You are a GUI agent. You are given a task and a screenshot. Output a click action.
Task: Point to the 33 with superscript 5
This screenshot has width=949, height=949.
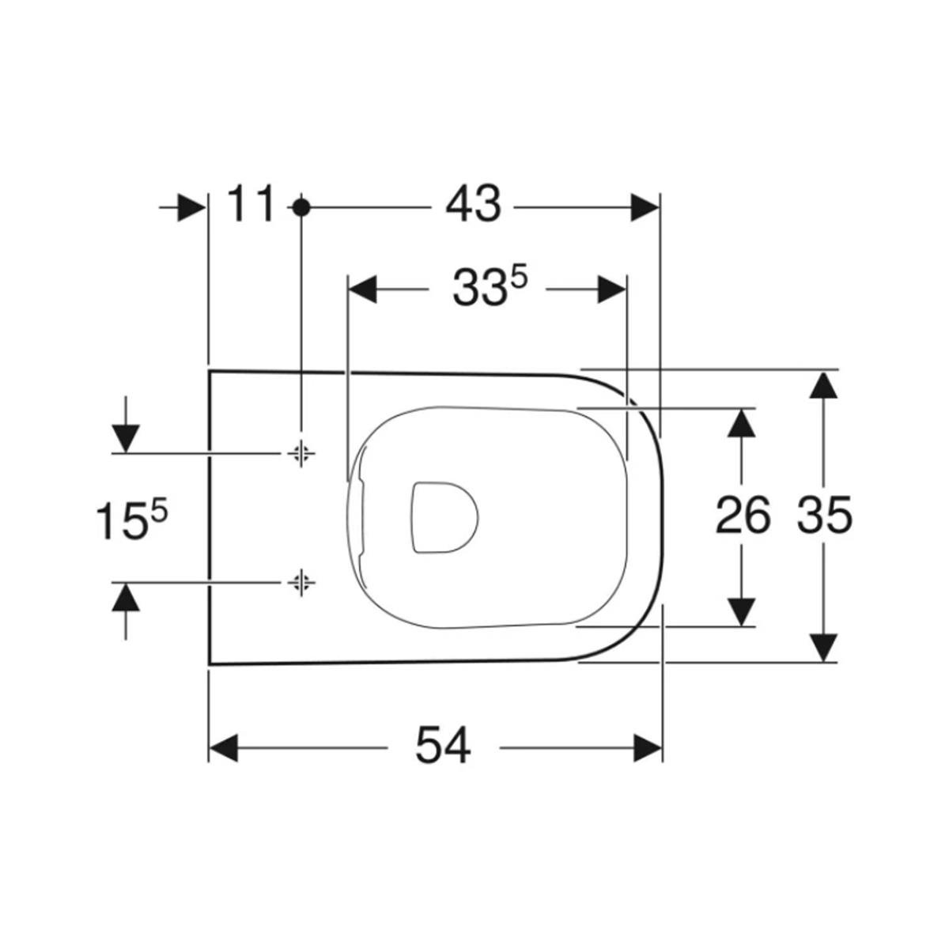point(490,287)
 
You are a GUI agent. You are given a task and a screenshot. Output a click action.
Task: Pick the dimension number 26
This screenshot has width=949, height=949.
point(743,515)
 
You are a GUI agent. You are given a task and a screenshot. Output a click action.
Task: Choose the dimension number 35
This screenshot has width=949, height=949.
point(825,515)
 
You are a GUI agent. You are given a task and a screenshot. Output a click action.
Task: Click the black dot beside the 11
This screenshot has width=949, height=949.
point(301,207)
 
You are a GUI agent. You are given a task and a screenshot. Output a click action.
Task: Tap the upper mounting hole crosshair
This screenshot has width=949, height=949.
point(301,453)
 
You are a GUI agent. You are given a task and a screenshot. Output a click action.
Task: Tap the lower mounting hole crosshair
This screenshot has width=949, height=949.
point(301,582)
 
